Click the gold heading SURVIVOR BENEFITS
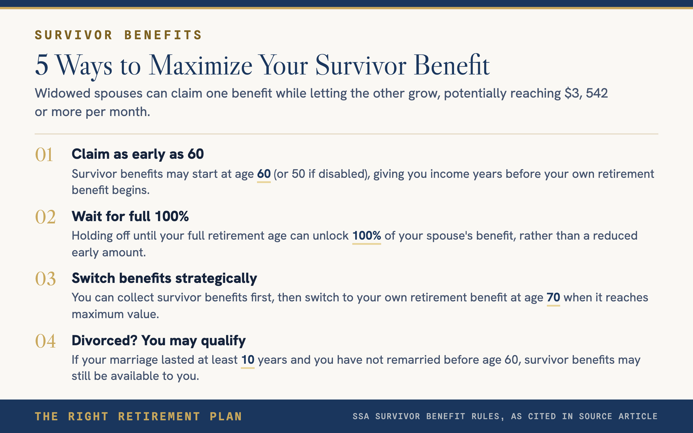coord(118,35)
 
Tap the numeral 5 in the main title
coord(42,65)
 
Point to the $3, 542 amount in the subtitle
coord(586,93)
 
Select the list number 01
coord(44,155)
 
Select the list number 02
coord(45,217)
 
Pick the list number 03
coord(45,279)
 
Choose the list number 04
coord(45,341)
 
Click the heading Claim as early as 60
coord(138,154)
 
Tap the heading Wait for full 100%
coord(130,216)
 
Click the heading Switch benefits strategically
coord(164,279)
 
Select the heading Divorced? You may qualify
coord(159,341)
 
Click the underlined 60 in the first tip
coord(264,174)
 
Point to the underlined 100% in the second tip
coord(367,236)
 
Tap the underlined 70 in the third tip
coord(554,298)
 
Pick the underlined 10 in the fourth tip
coord(248,360)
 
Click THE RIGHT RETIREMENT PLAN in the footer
coord(138,417)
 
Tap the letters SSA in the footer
coord(361,417)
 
